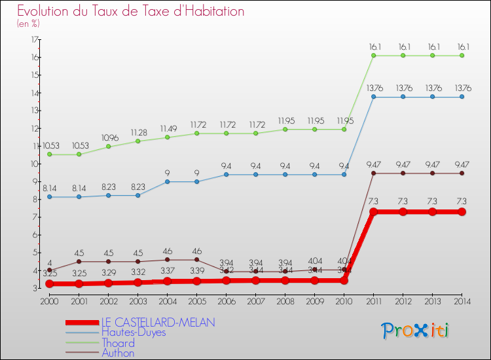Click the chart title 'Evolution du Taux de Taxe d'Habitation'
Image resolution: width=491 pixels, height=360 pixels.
pos(131,11)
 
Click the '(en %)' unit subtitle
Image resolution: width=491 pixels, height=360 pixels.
pos(28,24)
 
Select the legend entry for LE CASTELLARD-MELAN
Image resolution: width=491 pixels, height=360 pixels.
pos(158,323)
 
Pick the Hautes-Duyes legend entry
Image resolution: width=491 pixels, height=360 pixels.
pos(134,333)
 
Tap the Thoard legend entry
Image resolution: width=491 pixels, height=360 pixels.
pos(118,343)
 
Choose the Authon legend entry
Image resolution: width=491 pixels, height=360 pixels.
pos(118,353)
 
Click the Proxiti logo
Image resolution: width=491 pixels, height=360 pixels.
pos(416,331)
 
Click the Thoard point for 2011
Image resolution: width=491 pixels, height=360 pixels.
pos(373,56)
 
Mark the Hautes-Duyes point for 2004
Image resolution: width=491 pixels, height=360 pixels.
pos(167,181)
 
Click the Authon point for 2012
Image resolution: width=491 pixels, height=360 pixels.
pos(403,173)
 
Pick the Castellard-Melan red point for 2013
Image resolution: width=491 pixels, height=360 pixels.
pos(432,211)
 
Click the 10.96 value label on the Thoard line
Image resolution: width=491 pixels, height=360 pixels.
pos(108,138)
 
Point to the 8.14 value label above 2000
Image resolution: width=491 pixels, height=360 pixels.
pos(49,188)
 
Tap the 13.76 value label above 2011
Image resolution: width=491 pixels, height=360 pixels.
pos(373,88)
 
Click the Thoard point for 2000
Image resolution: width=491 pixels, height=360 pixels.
pos(49,154)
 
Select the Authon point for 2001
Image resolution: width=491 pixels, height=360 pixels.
pos(79,261)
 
